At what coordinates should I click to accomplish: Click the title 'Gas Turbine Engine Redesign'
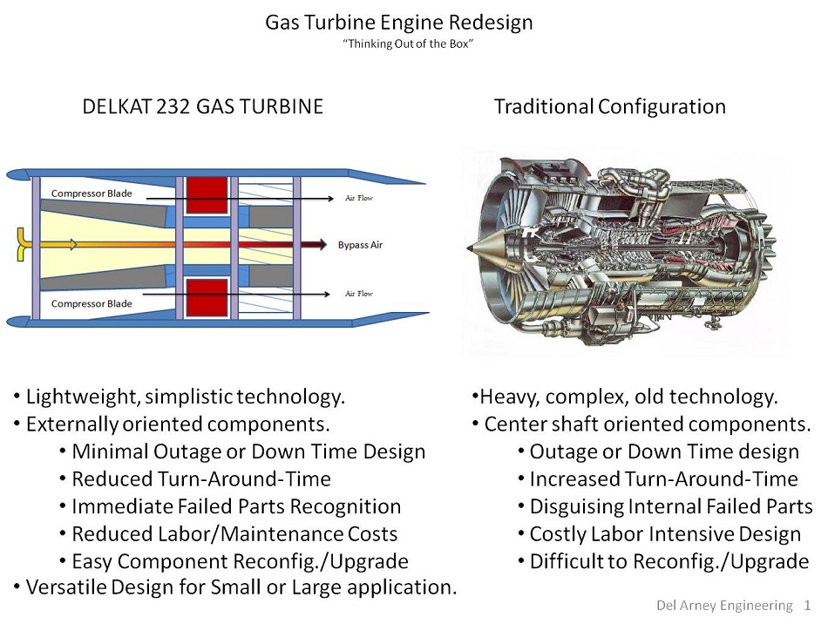tap(398, 23)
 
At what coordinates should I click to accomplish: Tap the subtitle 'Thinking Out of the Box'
tap(409, 44)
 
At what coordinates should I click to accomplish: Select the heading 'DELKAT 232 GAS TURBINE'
tap(202, 106)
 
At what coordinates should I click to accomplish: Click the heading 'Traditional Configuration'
tap(609, 106)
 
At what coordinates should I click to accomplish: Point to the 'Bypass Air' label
tap(360, 245)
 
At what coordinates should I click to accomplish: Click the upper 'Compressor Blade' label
tap(92, 193)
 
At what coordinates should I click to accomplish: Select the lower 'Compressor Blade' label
tap(92, 303)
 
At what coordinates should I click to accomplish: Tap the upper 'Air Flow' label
tap(358, 198)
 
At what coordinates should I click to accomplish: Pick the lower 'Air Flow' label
tap(358, 294)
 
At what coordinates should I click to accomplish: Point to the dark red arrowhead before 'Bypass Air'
tap(321, 245)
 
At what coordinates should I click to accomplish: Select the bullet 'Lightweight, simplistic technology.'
tap(186, 397)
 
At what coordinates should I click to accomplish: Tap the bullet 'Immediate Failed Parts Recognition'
tap(236, 506)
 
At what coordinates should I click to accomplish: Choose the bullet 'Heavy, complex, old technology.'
tap(628, 397)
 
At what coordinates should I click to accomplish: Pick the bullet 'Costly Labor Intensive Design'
tap(665, 533)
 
